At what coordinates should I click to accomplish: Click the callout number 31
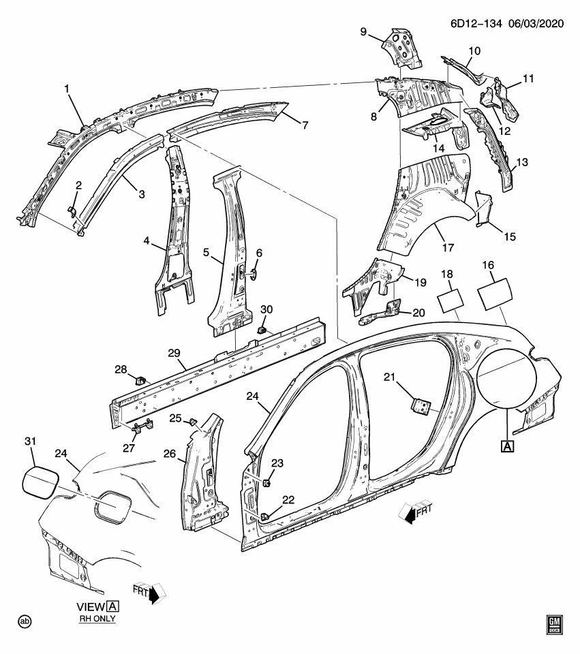[x=29, y=441]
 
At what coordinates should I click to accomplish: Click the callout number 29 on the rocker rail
[x=173, y=352]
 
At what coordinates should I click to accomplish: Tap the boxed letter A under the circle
[x=508, y=446]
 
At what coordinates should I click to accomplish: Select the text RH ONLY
[x=96, y=619]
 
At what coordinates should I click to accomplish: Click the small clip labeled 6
[x=254, y=274]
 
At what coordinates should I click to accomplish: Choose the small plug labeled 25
[x=192, y=421]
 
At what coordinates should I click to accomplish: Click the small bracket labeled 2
[x=73, y=212]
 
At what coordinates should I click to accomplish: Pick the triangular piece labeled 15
[x=483, y=208]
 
